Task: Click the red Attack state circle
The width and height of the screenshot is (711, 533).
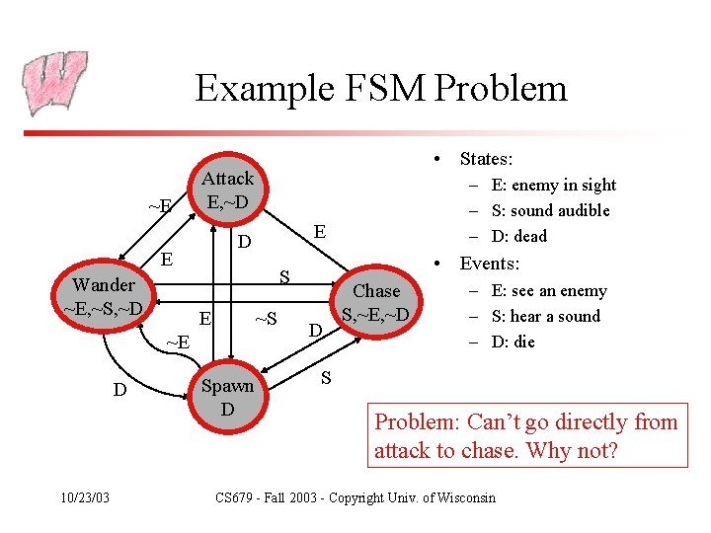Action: [x=228, y=190]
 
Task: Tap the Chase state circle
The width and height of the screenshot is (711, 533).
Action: [x=376, y=303]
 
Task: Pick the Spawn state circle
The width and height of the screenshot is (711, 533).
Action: [x=227, y=397]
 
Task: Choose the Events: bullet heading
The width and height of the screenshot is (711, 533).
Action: [x=490, y=264]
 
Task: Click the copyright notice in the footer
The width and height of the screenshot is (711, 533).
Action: [x=355, y=496]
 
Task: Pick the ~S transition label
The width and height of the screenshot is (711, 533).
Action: [x=266, y=319]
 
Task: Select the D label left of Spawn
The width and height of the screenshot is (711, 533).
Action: [x=119, y=390]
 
